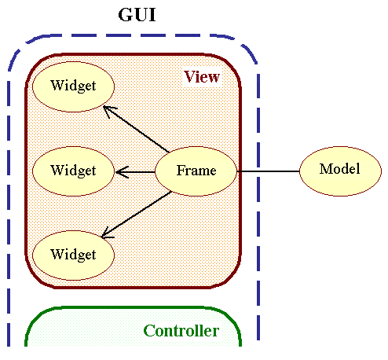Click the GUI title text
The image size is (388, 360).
point(137,15)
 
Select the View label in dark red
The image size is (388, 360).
point(202,77)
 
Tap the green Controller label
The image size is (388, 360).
point(181,331)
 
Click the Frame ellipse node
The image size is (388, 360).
point(196,171)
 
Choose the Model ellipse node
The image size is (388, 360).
point(340,171)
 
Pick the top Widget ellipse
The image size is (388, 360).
point(73,86)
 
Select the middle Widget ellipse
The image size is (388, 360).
point(73,171)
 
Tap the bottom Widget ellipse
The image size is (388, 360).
point(73,255)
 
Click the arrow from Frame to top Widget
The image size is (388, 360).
point(136,129)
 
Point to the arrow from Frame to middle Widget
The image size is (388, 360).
point(135,172)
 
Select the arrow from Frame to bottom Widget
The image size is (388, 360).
point(136,215)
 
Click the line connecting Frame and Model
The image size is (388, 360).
point(268,171)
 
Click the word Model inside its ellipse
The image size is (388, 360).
point(339,169)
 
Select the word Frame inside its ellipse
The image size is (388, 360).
point(196,171)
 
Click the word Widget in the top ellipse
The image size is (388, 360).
point(73,86)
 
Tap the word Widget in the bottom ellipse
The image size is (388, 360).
point(73,255)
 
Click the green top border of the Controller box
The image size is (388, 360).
point(133,307)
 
